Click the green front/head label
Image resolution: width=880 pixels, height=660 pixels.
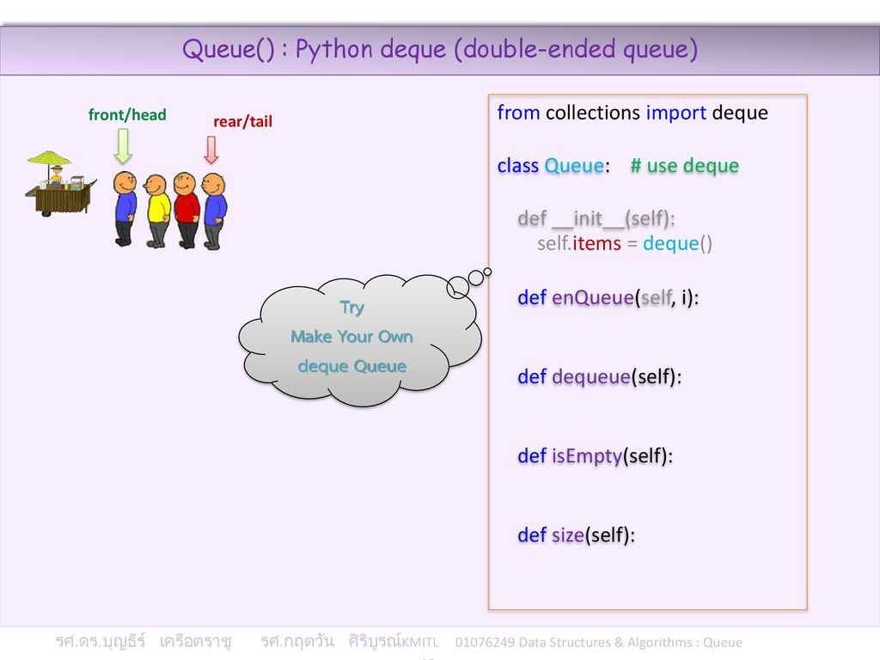127,115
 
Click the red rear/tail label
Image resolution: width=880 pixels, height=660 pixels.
242,122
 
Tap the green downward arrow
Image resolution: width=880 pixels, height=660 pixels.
123,146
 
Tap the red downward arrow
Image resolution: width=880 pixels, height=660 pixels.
211,150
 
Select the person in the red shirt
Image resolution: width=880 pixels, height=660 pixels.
186,210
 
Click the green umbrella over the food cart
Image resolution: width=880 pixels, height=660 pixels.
49,158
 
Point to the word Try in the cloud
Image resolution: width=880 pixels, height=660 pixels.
351,308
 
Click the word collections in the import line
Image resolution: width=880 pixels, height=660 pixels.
593,113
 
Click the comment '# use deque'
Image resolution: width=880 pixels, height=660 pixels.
685,166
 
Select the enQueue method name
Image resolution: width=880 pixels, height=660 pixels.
593,297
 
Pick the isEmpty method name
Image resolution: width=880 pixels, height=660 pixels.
587,456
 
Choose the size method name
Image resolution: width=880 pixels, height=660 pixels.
568,535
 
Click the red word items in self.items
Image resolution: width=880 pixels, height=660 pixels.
596,243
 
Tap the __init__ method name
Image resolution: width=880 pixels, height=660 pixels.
588,219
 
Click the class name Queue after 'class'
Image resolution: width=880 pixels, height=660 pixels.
574,166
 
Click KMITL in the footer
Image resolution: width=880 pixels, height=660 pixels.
421,643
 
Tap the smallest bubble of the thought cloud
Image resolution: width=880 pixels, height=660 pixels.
488,272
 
